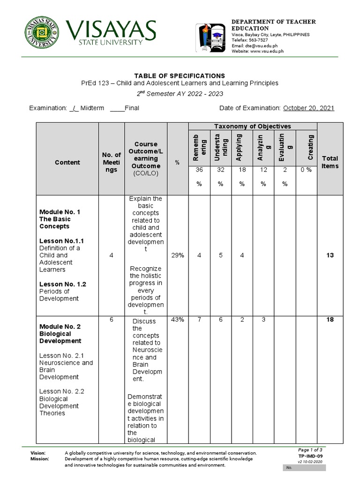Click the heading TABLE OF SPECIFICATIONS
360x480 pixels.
pyautogui.click(x=180, y=75)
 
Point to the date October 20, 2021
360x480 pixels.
pyautogui.click(x=308, y=108)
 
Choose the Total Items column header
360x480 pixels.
pyautogui.click(x=330, y=162)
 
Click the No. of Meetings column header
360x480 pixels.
pyautogui.click(x=112, y=162)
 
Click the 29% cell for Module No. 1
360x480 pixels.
pyautogui.click(x=178, y=255)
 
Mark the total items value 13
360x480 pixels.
pyautogui.click(x=330, y=255)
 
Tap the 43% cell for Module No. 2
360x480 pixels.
pyautogui.click(x=178, y=319)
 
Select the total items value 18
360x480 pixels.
pyautogui.click(x=330, y=319)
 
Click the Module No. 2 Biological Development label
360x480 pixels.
pyautogui.click(x=60, y=334)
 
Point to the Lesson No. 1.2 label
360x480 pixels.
pyautogui.click(x=63, y=284)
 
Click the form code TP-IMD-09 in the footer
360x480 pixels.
pyautogui.click(x=310, y=456)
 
